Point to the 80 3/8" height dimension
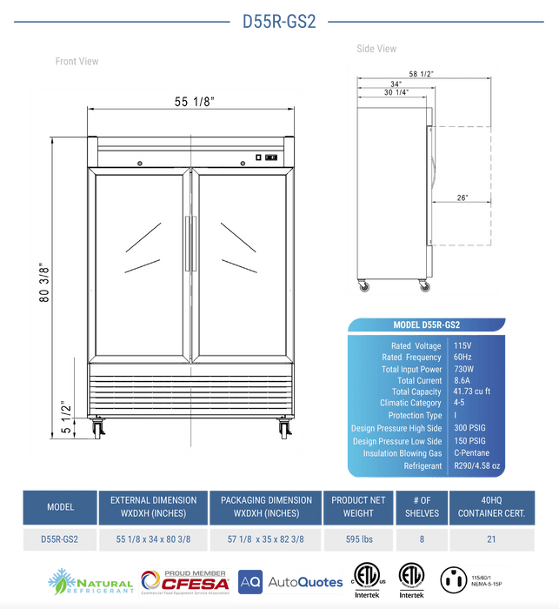pyautogui.click(x=44, y=279)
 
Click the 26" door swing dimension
pyautogui.click(x=462, y=197)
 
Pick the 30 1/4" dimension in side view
pyautogui.click(x=395, y=92)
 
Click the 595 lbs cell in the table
pyautogui.click(x=353, y=539)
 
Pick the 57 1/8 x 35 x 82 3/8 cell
pyautogui.click(x=266, y=539)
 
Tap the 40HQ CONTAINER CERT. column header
pyautogui.click(x=491, y=506)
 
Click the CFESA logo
pyautogui.click(x=183, y=580)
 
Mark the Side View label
pyautogui.click(x=376, y=49)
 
